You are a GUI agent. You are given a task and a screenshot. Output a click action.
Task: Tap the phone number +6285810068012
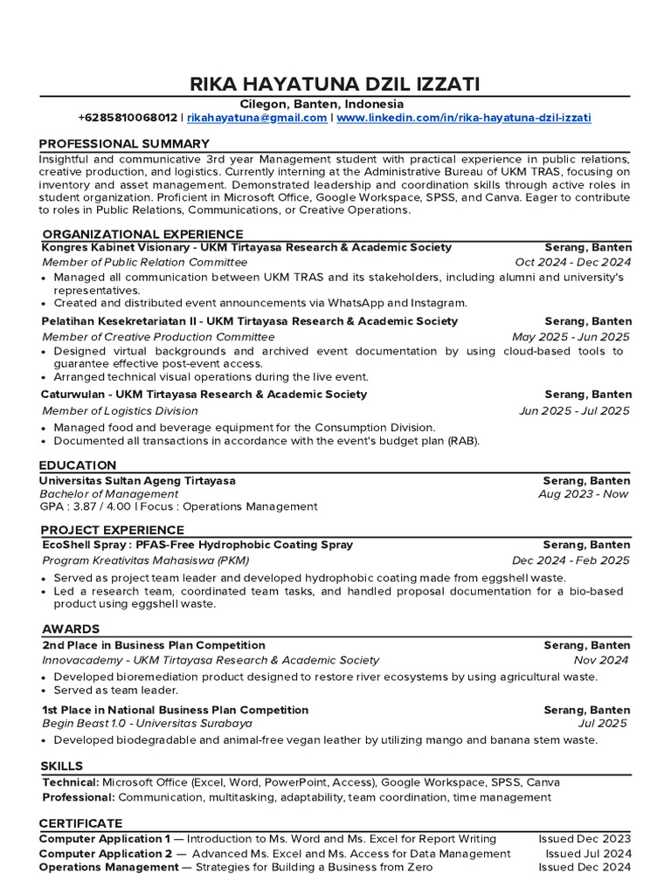(x=128, y=117)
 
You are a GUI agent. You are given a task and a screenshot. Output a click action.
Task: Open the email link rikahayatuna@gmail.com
(x=257, y=117)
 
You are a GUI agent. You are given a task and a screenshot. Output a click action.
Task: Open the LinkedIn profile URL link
(x=464, y=117)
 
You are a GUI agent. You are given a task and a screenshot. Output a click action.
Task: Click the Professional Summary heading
(x=124, y=143)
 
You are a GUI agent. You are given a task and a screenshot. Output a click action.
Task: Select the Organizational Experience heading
(x=142, y=234)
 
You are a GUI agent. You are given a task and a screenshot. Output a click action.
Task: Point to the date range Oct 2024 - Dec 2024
(x=572, y=262)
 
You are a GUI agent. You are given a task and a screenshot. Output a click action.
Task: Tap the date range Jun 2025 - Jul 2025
(x=574, y=410)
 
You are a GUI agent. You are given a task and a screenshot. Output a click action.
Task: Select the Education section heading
(x=78, y=465)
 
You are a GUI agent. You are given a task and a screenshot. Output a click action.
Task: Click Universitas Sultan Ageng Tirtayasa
(x=138, y=480)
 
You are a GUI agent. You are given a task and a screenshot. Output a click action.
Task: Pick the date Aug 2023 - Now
(x=584, y=494)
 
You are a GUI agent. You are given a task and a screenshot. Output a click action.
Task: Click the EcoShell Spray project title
(x=197, y=544)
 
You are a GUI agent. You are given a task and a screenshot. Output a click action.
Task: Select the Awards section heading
(x=71, y=629)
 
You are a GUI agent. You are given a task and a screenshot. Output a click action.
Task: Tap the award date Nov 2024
(x=601, y=660)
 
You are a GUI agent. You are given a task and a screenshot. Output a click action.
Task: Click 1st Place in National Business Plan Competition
(x=175, y=710)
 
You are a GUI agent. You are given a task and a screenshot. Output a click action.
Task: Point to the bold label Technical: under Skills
(x=70, y=782)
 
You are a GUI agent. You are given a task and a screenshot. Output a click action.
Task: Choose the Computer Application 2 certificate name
(x=105, y=853)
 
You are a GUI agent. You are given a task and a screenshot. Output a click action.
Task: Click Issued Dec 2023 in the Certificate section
(x=584, y=838)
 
